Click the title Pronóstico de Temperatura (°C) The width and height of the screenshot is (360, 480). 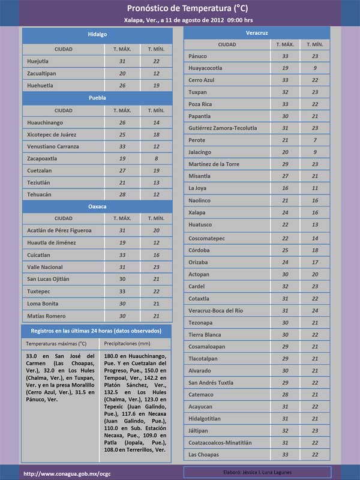pos(179,8)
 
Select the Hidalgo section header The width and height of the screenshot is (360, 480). pos(97,35)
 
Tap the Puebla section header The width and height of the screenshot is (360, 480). pos(97,97)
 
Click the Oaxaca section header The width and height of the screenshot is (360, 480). pos(97,206)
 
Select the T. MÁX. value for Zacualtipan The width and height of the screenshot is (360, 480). pos(122,73)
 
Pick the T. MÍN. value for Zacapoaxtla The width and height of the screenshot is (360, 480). pos(156,159)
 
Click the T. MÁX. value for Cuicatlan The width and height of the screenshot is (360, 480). pos(122,255)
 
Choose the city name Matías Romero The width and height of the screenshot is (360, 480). pos(46,316)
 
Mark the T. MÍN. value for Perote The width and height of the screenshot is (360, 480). pos(314,140)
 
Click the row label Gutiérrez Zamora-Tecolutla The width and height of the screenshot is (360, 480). pos(223,128)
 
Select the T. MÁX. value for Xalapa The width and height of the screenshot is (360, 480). pos(286,212)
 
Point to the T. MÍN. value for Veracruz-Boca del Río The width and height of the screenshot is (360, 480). pos(314,310)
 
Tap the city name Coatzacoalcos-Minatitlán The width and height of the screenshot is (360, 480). pos(228,443)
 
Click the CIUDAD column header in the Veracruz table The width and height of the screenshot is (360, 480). pos(227,44)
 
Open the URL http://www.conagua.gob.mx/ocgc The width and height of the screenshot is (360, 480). pos(67,473)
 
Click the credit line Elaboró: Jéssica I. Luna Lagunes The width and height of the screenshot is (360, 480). pos(257,473)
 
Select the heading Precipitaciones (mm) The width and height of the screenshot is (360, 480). pos(127,344)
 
